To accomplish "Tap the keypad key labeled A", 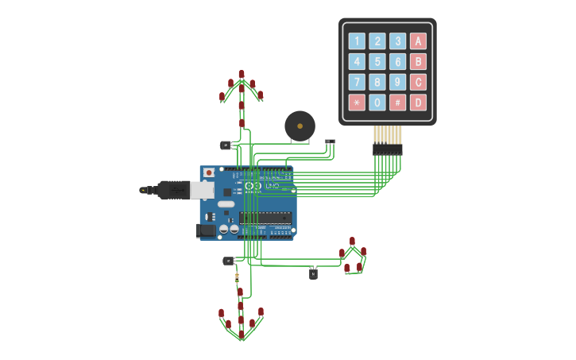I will [418, 41].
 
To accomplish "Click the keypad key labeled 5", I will [377, 62].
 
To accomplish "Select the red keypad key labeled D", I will [418, 103].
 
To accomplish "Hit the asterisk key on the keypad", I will [357, 103].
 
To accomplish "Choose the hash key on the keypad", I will [397, 103].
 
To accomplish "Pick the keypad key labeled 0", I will [377, 103].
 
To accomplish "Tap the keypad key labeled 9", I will [397, 82].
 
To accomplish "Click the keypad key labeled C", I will [418, 82].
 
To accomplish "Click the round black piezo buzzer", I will [300, 126].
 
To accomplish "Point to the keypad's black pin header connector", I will [388, 149].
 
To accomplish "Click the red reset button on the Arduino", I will [208, 172].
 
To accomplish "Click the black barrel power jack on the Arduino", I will [206, 230].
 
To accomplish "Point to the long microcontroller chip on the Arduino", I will [265, 217].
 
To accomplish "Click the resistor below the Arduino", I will [237, 277].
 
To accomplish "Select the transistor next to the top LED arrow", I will [225, 145].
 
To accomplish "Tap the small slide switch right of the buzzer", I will [331, 141].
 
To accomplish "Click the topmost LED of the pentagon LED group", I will [352, 241].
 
